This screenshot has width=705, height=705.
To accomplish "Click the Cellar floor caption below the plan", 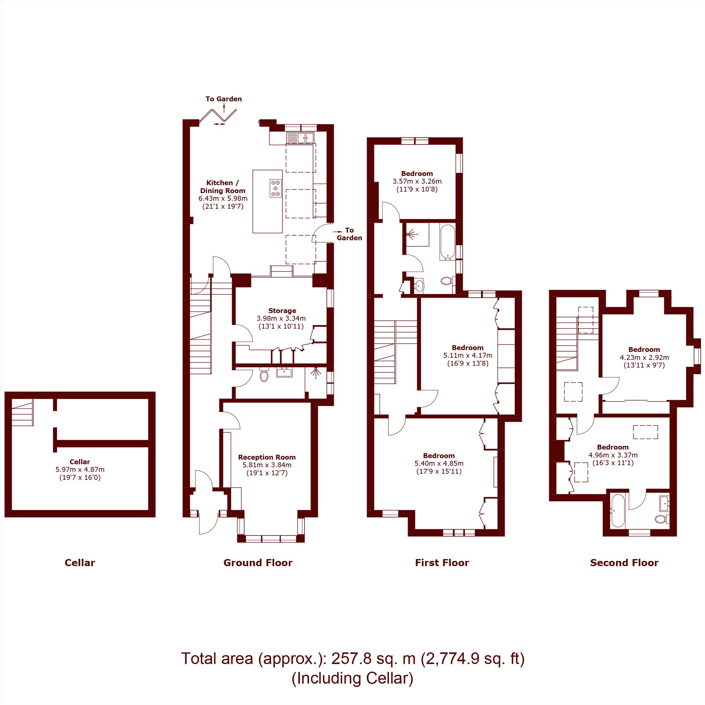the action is click(x=80, y=562).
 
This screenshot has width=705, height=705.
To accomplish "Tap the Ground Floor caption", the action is click(x=258, y=562).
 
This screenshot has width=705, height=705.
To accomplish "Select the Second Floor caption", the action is click(x=624, y=562).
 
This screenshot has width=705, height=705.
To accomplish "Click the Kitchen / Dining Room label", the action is click(x=222, y=186).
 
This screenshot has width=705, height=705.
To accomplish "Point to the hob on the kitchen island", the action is click(x=276, y=188).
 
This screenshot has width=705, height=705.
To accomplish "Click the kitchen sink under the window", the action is click(x=300, y=137).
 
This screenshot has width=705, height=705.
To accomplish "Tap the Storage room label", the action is click(x=282, y=311).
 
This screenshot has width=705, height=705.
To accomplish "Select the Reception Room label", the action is click(x=267, y=457).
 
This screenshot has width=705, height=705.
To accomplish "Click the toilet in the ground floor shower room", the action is click(x=264, y=375).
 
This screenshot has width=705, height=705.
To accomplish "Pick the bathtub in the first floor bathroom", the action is click(x=447, y=242).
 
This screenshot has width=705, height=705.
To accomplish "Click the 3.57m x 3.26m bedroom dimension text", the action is click(x=417, y=181).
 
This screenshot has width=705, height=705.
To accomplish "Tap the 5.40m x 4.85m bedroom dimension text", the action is click(x=439, y=463).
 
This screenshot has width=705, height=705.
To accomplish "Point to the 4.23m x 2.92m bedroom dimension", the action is click(x=644, y=357).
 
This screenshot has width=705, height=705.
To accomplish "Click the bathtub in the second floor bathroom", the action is click(x=618, y=510).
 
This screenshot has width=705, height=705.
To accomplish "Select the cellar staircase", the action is click(x=22, y=412).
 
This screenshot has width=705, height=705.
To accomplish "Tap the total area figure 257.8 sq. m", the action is click(x=373, y=658).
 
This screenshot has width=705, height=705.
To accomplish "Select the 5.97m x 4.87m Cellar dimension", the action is click(x=80, y=469).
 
